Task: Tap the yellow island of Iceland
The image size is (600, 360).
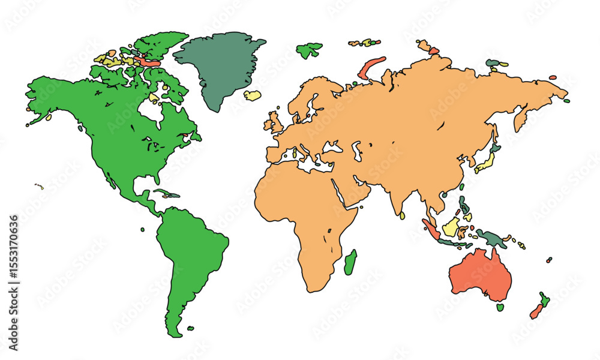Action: click(253, 95)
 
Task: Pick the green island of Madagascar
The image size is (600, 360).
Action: click(350, 263)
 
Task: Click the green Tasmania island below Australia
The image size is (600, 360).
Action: click(500, 307)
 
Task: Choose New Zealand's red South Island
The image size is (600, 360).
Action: click(536, 311)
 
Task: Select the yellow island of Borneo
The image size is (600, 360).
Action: click(452, 226)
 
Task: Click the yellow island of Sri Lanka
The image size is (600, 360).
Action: click(403, 215)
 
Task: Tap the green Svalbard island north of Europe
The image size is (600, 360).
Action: click(309, 49)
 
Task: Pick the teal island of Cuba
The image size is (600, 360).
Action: click(166, 193)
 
